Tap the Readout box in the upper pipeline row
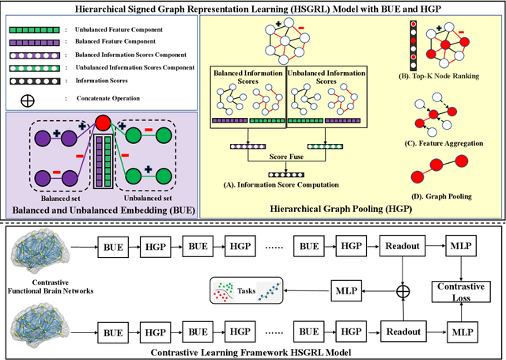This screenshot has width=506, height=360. pos(403,247)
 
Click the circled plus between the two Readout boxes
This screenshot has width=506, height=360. pos(403,291)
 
